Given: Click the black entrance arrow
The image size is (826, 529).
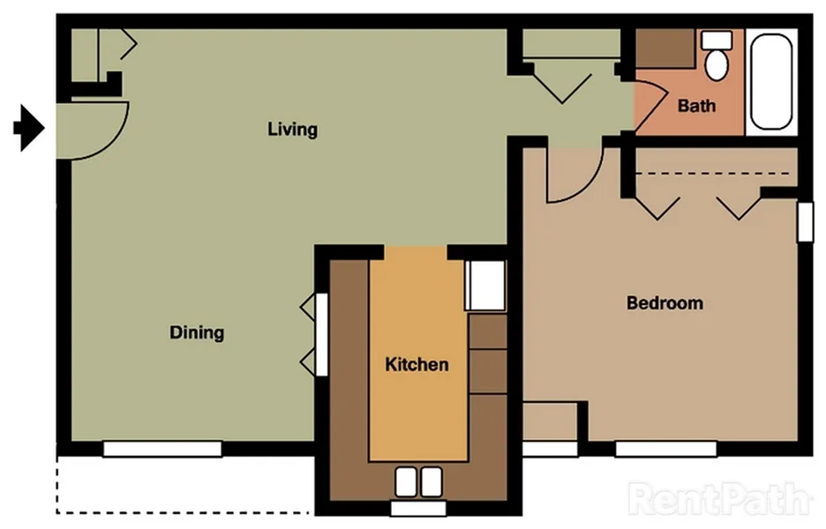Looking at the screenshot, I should tap(29, 129).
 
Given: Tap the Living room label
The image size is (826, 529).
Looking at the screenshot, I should tap(292, 130).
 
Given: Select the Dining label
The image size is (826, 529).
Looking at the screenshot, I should tap(197, 332).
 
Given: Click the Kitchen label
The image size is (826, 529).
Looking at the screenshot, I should tap(417, 364).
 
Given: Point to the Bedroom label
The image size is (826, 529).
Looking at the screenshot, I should tap(665, 303).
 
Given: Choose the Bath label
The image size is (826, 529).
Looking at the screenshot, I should tap(696, 106).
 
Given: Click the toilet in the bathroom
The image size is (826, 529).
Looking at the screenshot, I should tap(717, 55).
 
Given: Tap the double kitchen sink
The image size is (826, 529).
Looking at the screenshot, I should tap(417, 481).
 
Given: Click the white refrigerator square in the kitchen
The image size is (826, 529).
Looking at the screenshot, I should tap(484, 285).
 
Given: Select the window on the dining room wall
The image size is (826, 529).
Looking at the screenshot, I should tap(161, 449).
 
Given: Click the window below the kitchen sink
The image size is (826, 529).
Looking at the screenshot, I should tap(417, 509).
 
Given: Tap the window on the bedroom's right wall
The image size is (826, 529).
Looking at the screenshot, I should tap(805, 220).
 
